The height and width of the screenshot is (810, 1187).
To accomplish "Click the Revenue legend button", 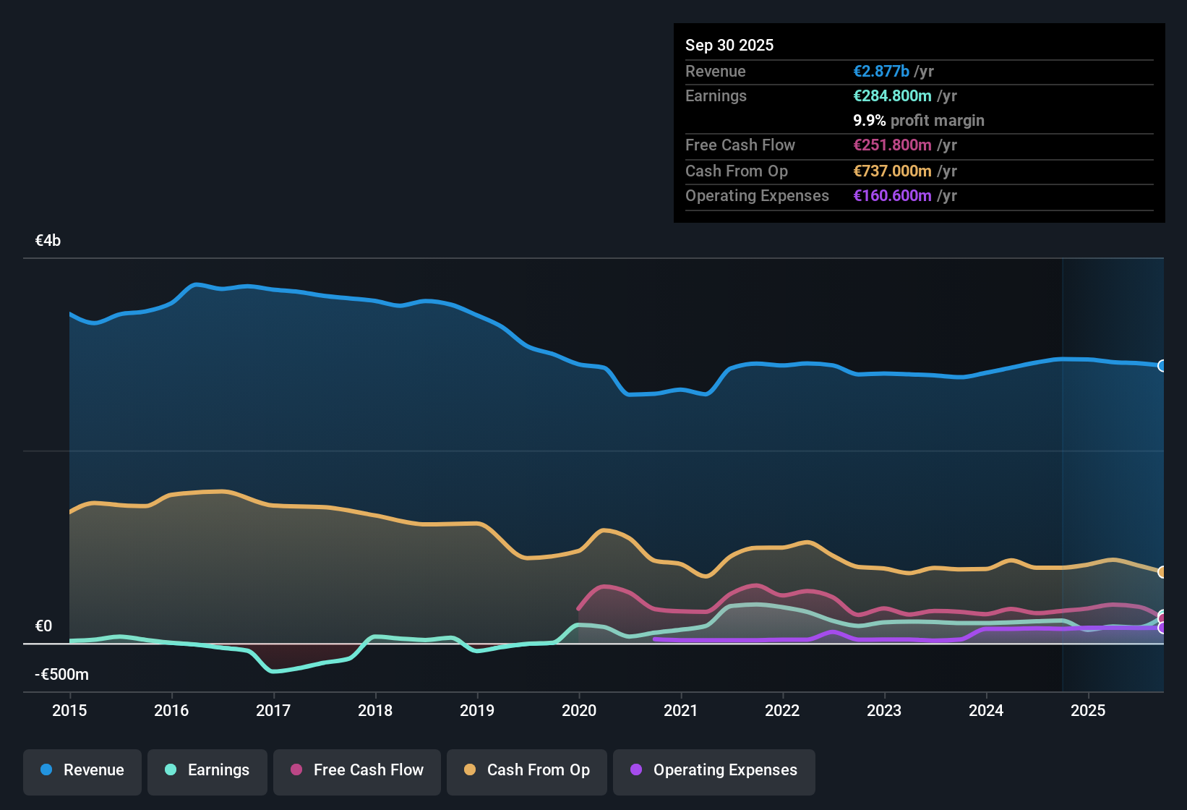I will (x=82, y=770).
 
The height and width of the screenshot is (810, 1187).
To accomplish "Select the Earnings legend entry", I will (x=207, y=770).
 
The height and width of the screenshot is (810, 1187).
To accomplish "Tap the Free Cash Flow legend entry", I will (x=357, y=770).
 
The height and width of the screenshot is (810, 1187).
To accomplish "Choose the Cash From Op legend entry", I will (x=527, y=770).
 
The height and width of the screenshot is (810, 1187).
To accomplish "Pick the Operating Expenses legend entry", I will (x=714, y=770).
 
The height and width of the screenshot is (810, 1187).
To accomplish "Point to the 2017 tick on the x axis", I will (x=273, y=710).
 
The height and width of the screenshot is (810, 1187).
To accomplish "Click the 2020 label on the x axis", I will (x=579, y=710).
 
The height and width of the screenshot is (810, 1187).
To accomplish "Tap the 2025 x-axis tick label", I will (x=1088, y=710).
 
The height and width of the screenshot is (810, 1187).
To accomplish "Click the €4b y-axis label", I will (x=48, y=241).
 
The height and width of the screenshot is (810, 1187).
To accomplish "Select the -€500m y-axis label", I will (x=61, y=675).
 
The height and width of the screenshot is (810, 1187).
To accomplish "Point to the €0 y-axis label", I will (x=43, y=626).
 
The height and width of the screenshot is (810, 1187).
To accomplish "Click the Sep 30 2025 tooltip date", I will (x=729, y=46).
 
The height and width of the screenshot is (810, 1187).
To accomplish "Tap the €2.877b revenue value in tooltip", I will (x=881, y=72).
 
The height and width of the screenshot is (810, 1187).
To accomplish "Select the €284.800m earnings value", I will (x=892, y=96).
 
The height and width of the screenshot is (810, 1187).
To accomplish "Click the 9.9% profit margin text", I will (x=919, y=121).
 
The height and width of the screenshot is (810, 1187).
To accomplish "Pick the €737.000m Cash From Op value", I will (x=892, y=171).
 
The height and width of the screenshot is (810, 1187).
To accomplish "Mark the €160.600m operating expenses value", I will (x=892, y=196).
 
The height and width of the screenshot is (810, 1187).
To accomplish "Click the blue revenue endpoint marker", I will (x=1162, y=366).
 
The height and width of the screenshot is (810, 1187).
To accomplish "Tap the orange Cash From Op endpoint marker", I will (x=1162, y=572).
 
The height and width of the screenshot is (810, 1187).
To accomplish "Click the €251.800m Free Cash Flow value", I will (x=892, y=145).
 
